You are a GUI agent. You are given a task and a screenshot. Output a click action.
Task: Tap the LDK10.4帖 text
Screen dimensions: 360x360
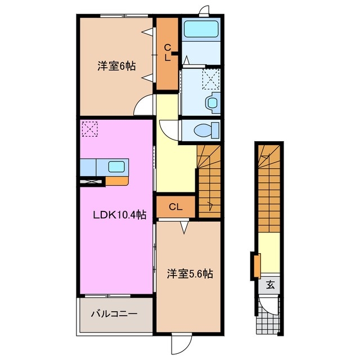[x=120, y=214]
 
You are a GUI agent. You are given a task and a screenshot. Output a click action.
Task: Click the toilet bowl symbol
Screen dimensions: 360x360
[x=201, y=130]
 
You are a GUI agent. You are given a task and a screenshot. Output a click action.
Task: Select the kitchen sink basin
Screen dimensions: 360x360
[x=116, y=167]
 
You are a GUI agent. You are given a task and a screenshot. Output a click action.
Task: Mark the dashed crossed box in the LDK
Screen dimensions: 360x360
[x=89, y=129]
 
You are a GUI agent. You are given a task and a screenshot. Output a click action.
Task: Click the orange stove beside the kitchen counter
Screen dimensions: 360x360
[x=116, y=181]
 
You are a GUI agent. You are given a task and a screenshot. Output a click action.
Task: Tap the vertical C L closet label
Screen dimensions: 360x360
[x=168, y=53]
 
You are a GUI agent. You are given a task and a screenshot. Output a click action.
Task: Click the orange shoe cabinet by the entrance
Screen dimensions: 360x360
[x=256, y=266]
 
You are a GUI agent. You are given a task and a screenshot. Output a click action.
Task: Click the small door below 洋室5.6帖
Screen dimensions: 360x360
[x=181, y=343]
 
